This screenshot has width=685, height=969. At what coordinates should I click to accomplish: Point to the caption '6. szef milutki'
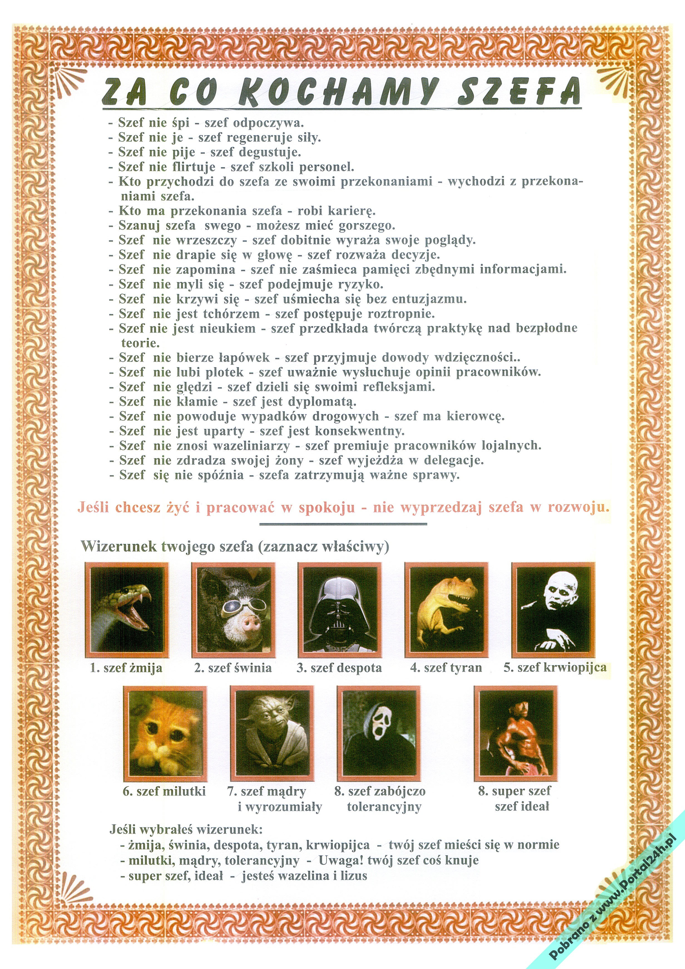[164, 791]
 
